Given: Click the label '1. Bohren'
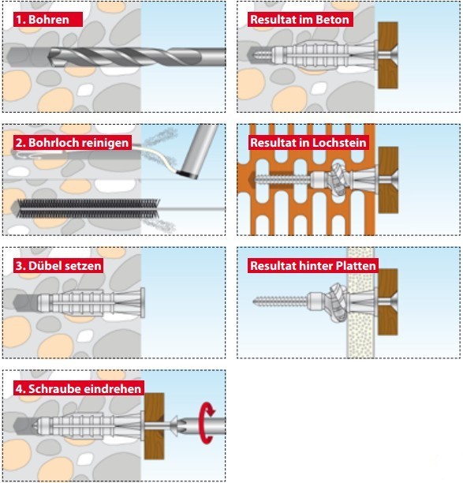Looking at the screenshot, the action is (x=43, y=20).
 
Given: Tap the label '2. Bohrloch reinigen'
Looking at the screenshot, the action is (x=72, y=143).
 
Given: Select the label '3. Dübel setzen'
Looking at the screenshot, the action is (x=58, y=266).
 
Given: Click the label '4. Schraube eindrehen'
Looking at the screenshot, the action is (x=79, y=389).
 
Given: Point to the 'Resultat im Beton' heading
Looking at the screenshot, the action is (x=300, y=20).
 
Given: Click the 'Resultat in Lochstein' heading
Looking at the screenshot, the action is (x=308, y=143).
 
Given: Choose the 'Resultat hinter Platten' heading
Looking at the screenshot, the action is (x=313, y=266).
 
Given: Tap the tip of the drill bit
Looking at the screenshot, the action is (x=49, y=57).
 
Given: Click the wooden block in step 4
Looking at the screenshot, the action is (x=155, y=425).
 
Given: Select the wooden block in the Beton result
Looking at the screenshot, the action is (x=388, y=55).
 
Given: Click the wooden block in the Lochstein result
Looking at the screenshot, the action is (x=388, y=180).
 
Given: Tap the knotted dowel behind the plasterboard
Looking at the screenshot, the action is (x=338, y=301).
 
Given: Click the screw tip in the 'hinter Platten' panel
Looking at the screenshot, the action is (x=254, y=301).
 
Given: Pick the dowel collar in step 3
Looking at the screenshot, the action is (x=143, y=302).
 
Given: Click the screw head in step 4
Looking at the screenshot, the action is (x=174, y=425).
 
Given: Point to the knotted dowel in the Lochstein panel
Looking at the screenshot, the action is (x=337, y=179).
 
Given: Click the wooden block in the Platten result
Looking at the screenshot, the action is (x=388, y=301).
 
